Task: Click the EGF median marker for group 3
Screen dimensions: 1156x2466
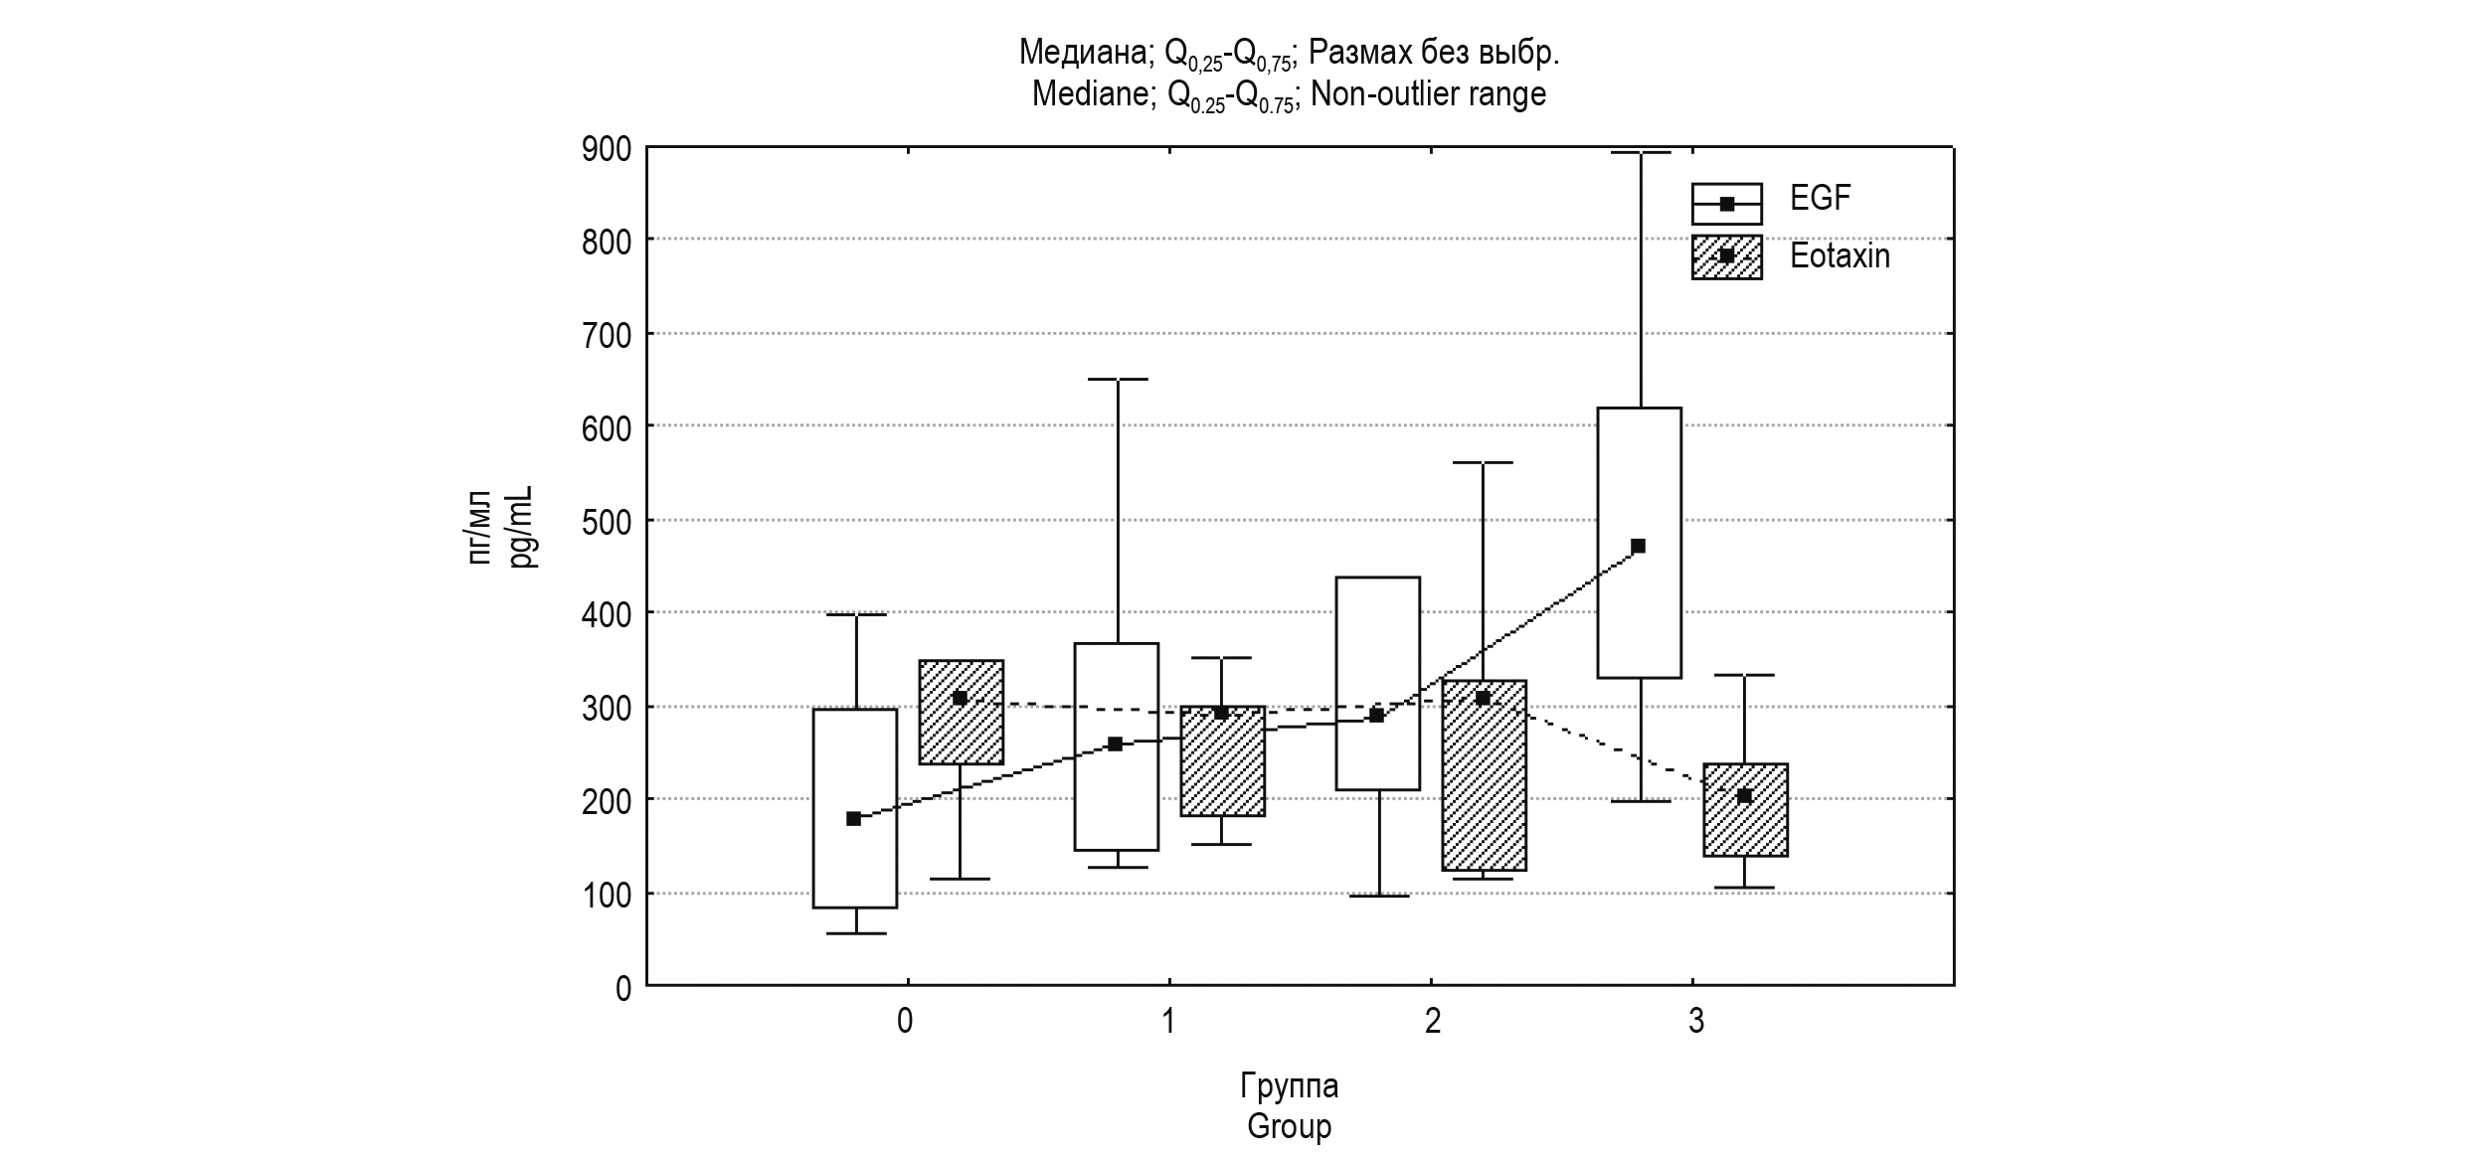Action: pyautogui.click(x=1639, y=546)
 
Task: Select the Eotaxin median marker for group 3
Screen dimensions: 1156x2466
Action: pyautogui.click(x=1744, y=795)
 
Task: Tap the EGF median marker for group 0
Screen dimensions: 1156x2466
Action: pyautogui.click(x=853, y=818)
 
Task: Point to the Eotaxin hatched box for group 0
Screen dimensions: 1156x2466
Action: pyautogui.click(x=961, y=736)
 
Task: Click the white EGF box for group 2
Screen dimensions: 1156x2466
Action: pyautogui.click(x=1377, y=636)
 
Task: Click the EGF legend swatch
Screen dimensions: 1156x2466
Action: pyautogui.click(x=1726, y=204)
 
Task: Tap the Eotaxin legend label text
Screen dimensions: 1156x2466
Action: pyautogui.click(x=1840, y=256)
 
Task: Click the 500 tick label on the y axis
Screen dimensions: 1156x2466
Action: pyautogui.click(x=607, y=521)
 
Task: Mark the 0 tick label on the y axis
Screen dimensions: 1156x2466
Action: pyautogui.click(x=623, y=988)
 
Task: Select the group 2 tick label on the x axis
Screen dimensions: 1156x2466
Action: pyautogui.click(x=1432, y=1021)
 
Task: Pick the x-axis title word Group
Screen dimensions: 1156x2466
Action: pyautogui.click(x=1289, y=1126)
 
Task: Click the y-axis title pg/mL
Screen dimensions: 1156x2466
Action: pyautogui.click(x=523, y=527)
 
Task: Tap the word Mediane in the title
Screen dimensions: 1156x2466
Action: pyautogui.click(x=1089, y=93)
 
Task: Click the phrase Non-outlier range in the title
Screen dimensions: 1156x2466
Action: pyautogui.click(x=1428, y=93)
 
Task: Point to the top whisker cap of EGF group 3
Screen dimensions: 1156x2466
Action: pyautogui.click(x=1640, y=152)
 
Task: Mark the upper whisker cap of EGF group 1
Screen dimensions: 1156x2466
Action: pyautogui.click(x=1118, y=379)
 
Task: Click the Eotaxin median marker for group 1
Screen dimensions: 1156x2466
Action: pyautogui.click(x=1221, y=713)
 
